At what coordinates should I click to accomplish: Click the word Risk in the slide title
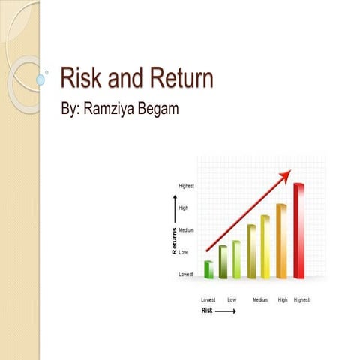click(80, 79)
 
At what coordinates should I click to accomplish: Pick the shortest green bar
click(209, 269)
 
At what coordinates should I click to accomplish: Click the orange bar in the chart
click(282, 241)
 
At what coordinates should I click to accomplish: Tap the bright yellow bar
click(265, 247)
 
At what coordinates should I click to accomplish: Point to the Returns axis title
click(175, 241)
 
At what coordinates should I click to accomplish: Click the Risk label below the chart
click(207, 310)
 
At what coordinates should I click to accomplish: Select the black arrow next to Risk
click(225, 310)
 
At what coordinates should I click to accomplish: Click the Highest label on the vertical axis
click(186, 185)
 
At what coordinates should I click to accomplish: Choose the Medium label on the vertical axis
click(186, 229)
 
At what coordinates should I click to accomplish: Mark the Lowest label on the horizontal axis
click(208, 299)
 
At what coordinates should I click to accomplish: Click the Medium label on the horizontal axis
click(259, 299)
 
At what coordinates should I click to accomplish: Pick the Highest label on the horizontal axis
click(301, 299)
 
